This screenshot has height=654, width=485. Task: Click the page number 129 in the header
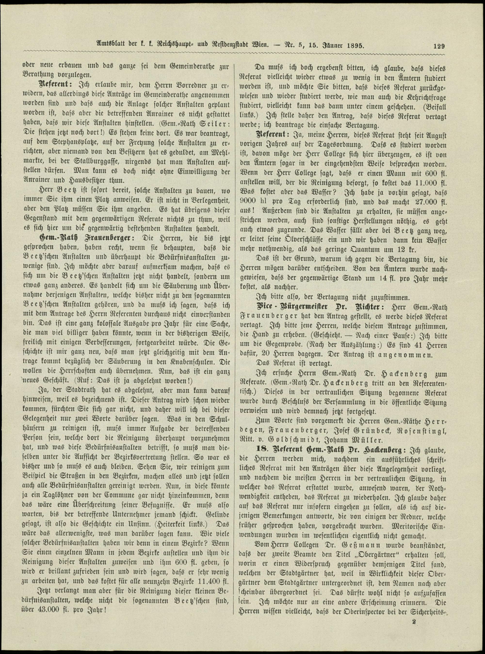[439, 46]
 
